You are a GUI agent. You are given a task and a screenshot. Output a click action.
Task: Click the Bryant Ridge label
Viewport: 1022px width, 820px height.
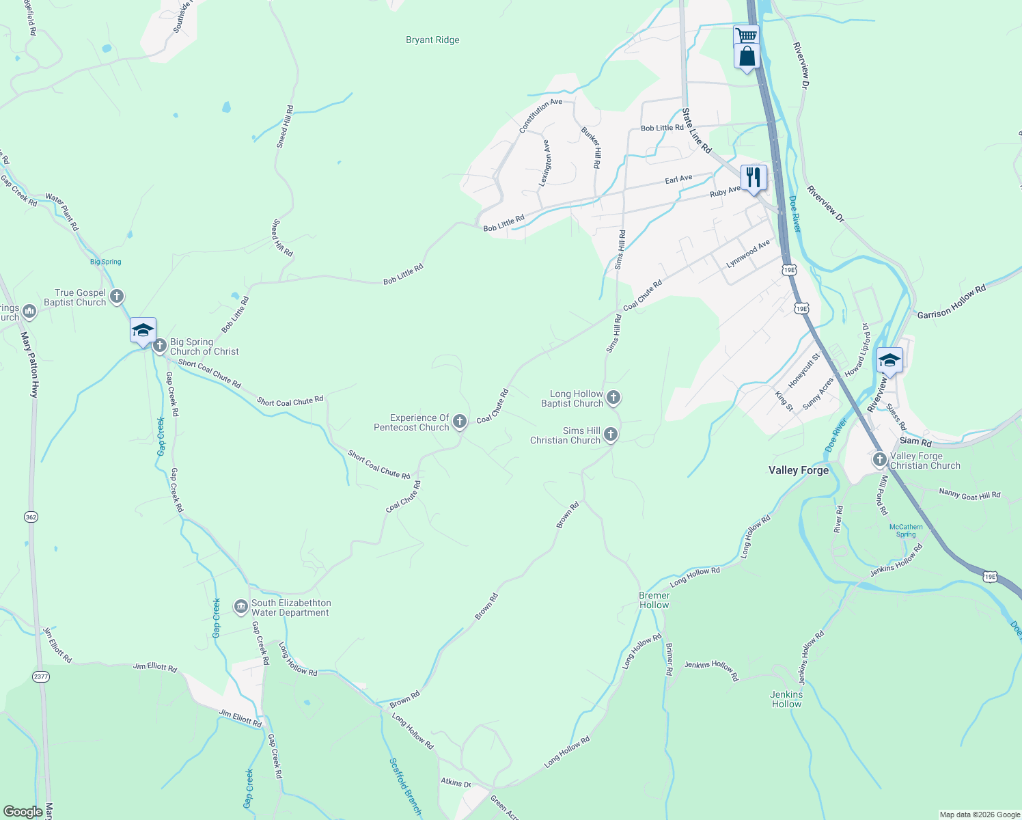tap(432, 40)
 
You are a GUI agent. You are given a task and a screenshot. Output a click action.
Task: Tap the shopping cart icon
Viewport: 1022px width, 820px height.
tap(746, 35)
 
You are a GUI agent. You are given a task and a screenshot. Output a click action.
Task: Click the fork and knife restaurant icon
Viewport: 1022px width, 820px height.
tap(754, 178)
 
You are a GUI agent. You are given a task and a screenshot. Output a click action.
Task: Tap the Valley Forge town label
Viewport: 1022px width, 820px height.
tap(799, 470)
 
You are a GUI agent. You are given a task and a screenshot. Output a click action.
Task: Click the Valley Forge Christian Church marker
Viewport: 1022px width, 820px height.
tap(879, 459)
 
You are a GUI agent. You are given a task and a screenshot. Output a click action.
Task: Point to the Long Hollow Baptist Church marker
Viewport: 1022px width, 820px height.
tap(613, 397)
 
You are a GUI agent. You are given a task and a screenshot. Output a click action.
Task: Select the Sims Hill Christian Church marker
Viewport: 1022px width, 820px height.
tap(611, 434)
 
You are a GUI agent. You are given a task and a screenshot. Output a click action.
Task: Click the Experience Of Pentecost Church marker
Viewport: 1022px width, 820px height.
tap(460, 421)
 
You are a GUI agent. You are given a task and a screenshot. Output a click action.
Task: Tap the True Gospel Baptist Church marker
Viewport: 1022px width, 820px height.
tap(117, 296)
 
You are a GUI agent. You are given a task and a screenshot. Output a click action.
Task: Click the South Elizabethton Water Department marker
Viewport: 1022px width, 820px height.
tap(240, 606)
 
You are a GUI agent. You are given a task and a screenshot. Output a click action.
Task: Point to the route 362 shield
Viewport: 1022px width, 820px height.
tap(31, 517)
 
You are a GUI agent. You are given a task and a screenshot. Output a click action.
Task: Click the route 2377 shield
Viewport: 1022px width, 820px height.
tap(40, 676)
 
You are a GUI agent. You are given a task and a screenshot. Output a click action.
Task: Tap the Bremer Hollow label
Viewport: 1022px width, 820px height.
tap(654, 600)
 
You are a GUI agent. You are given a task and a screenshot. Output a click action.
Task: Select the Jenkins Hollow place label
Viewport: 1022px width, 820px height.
tap(786, 699)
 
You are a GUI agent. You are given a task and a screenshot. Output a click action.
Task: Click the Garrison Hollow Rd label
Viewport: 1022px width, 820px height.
tap(952, 301)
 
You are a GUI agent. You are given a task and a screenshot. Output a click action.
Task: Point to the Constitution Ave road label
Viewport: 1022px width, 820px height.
tap(540, 115)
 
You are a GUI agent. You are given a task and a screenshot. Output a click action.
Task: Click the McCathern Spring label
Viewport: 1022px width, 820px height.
tap(906, 530)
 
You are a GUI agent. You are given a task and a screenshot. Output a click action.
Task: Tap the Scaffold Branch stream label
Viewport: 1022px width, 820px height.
tap(405, 786)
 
